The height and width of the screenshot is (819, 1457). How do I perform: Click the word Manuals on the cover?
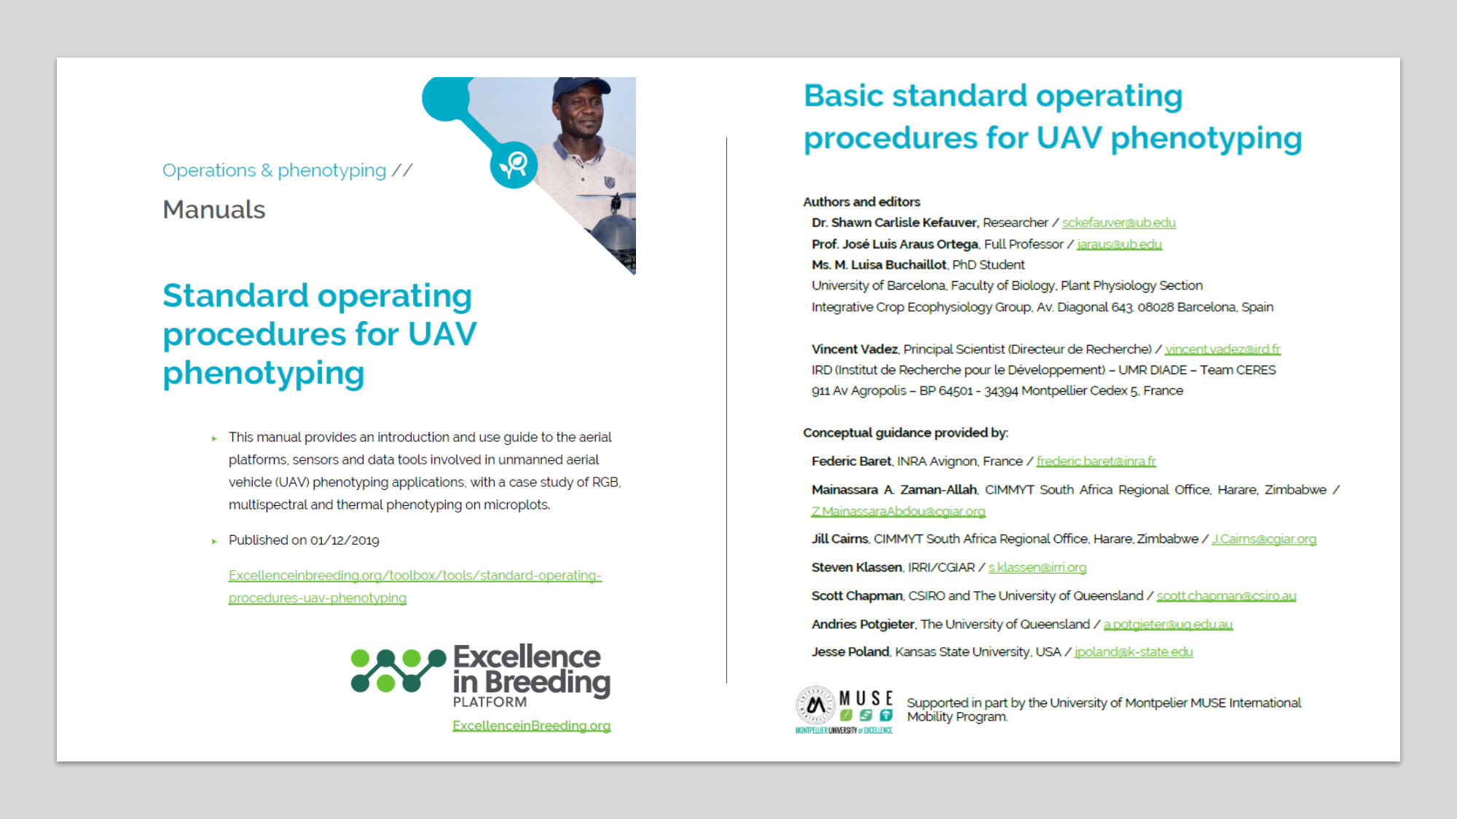click(213, 210)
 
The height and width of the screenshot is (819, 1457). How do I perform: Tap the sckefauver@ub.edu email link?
click(1118, 223)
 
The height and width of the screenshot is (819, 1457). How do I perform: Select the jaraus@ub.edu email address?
click(1119, 244)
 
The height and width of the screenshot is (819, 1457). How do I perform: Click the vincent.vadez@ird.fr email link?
click(1222, 349)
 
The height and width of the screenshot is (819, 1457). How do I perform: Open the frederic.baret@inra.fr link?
click(1096, 462)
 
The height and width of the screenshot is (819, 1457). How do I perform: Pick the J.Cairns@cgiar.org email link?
click(1264, 539)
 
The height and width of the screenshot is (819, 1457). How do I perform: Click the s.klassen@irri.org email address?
click(1037, 568)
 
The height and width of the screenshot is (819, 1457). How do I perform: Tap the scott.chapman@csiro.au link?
click(1226, 596)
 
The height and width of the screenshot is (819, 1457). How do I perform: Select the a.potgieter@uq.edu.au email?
click(1168, 625)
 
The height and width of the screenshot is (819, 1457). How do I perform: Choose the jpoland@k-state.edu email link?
click(1134, 652)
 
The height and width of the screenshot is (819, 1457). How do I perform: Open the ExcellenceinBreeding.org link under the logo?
click(531, 726)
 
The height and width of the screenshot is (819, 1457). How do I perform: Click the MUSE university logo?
click(844, 710)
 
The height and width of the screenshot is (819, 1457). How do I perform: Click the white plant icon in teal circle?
click(514, 165)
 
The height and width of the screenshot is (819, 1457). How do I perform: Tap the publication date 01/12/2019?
click(345, 540)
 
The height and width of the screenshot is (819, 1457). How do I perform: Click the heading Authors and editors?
click(861, 202)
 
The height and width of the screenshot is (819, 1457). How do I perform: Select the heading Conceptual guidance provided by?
click(906, 433)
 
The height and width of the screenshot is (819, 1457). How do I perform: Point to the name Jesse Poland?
click(850, 652)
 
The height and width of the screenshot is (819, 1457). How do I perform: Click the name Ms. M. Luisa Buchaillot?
click(879, 265)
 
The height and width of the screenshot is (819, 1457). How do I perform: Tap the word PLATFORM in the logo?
click(490, 703)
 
